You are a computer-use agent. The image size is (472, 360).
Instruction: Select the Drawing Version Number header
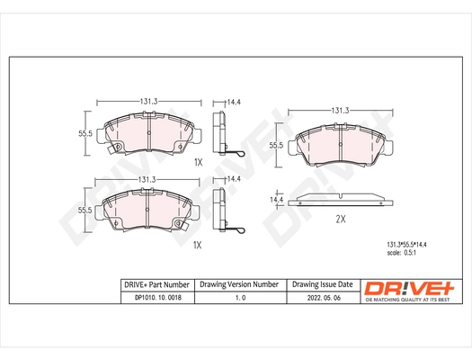238,284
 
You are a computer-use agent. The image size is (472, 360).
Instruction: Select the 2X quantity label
341,220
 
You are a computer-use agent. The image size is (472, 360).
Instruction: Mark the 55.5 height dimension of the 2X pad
278,144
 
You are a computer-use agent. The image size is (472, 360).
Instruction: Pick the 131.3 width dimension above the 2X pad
341,110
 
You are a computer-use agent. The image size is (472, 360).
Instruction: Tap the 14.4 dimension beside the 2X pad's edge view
278,198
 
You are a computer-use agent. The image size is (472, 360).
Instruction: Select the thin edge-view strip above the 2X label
341,200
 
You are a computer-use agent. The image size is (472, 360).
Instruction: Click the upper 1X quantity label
199,162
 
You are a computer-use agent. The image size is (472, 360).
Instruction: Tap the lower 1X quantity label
199,244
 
